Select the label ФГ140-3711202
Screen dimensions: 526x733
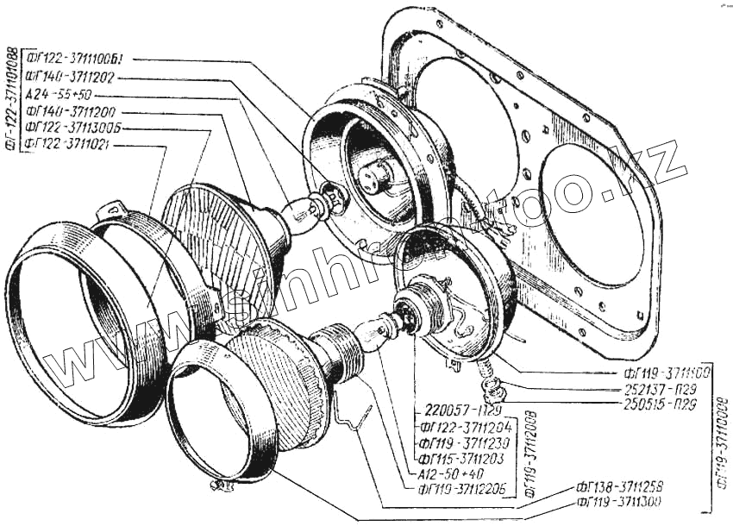coord(76,78)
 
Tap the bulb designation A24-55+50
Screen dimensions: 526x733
coord(60,94)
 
